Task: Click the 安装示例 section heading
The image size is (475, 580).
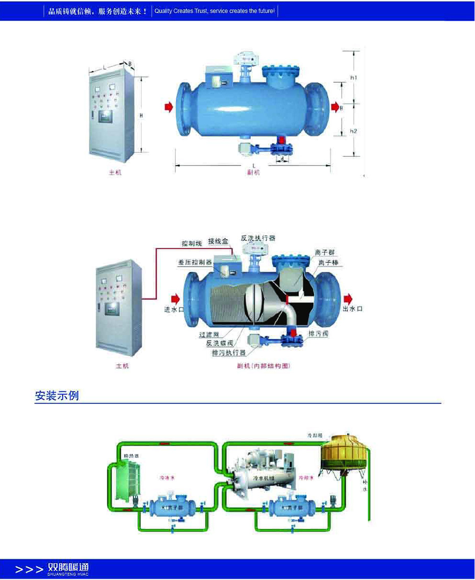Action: [x=57, y=395]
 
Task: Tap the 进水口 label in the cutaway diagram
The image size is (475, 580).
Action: [x=174, y=310]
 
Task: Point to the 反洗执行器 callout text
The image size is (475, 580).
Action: [x=258, y=238]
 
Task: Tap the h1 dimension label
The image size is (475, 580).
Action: [x=353, y=77]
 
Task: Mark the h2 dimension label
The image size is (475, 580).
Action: [x=353, y=131]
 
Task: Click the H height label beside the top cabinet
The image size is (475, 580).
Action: [x=141, y=115]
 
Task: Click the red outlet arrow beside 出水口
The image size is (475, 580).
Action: [x=349, y=298]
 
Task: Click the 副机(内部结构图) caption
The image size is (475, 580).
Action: [x=260, y=366]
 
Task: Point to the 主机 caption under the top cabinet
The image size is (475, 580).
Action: [x=115, y=173]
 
